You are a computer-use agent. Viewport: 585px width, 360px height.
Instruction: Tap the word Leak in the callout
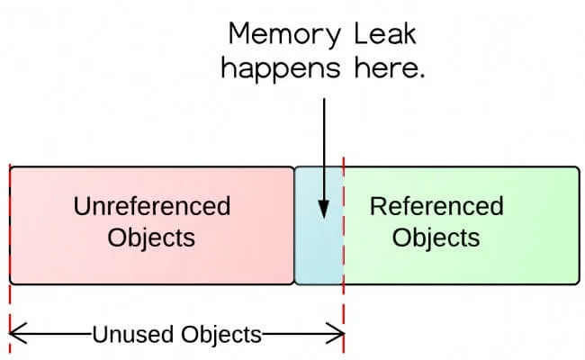click(384, 34)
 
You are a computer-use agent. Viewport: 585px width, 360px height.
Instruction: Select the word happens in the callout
click(281, 69)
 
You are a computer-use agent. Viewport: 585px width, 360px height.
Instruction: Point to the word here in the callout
click(386, 67)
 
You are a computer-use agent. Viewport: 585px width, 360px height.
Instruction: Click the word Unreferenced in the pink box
click(152, 206)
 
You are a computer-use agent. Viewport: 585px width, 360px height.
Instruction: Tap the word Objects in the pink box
click(151, 238)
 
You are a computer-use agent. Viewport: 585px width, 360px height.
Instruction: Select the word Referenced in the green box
click(436, 206)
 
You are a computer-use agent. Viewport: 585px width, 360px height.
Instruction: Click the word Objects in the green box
click(436, 238)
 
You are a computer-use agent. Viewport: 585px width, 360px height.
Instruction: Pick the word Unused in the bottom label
click(134, 334)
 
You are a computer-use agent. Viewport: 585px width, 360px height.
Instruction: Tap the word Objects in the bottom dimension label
click(221, 335)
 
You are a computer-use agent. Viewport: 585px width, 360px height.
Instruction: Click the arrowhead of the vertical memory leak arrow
click(324, 210)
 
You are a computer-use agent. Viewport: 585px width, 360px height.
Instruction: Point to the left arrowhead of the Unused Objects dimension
click(17, 333)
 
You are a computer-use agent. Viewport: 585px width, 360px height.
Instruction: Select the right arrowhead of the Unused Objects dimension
click(335, 333)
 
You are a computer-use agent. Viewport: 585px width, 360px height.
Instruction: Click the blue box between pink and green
click(319, 225)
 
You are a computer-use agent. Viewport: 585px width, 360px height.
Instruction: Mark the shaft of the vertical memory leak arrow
click(324, 150)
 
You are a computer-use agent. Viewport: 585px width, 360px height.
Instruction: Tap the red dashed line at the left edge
click(10, 257)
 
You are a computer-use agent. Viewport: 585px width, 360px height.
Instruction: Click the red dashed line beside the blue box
click(343, 255)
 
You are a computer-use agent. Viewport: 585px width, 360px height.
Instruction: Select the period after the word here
click(421, 76)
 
